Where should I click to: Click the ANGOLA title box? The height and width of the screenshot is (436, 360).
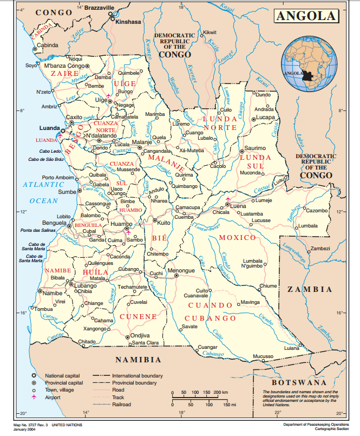coord(306,16)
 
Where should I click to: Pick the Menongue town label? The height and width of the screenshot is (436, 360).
coord(181,270)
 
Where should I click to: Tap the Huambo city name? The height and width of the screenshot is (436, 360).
coord(121,223)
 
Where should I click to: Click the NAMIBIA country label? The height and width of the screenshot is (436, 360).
coord(138,359)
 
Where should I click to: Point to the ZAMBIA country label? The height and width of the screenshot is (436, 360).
coord(309,289)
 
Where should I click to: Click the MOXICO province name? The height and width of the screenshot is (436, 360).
coord(237,238)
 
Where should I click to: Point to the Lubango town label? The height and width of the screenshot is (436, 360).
coord(86,285)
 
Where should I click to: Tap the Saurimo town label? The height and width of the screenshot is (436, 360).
coord(255,148)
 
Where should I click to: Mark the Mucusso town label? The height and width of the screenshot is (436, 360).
coord(263,356)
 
